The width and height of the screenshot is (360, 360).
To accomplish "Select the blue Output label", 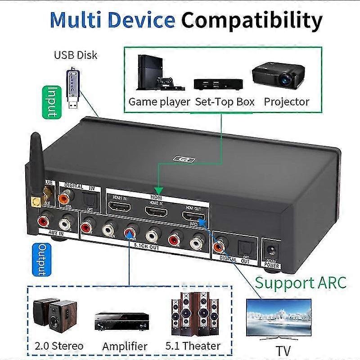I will (39, 261).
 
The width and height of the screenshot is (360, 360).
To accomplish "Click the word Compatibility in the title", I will (252, 20).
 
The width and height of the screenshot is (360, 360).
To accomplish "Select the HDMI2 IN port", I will (153, 211).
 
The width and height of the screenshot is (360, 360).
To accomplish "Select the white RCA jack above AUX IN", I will (66, 221).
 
